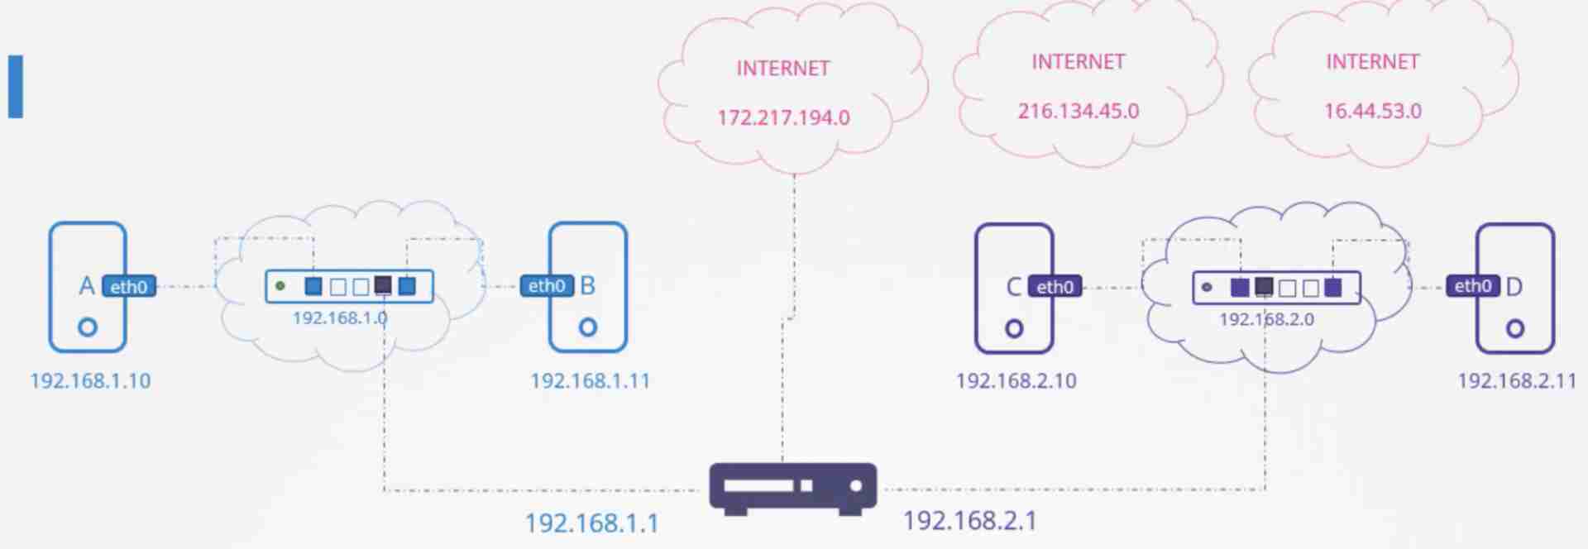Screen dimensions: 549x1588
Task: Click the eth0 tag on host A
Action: pyautogui.click(x=129, y=287)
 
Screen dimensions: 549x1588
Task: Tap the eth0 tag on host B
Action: pyautogui.click(x=547, y=286)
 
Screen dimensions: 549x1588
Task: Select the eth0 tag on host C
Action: pyautogui.click(x=1055, y=287)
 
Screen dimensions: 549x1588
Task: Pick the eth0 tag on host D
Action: pyautogui.click(x=1473, y=286)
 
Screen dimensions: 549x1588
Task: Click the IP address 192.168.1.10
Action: pyautogui.click(x=90, y=381)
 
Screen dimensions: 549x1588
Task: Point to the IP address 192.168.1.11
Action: pyautogui.click(x=590, y=381)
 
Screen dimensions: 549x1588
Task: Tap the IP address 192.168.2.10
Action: pyautogui.click(x=1016, y=381)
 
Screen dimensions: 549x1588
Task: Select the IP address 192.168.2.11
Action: pyautogui.click(x=1517, y=381)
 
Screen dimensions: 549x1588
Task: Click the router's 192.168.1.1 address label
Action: pyautogui.click(x=592, y=523)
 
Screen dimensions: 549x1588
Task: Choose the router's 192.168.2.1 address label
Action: pyautogui.click(x=969, y=521)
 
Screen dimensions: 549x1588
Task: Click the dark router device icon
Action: pyautogui.click(x=792, y=488)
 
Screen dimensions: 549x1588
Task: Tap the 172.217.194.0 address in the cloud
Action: pyautogui.click(x=783, y=118)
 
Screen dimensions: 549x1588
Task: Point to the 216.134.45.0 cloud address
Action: pyautogui.click(x=1078, y=112)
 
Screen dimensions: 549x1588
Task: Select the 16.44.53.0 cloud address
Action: pyautogui.click(x=1373, y=112)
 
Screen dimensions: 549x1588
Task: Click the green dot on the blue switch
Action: pyautogui.click(x=280, y=286)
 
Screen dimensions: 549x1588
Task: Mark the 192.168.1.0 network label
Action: pyautogui.click(x=340, y=318)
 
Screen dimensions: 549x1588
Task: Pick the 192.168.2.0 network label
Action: pyautogui.click(x=1266, y=319)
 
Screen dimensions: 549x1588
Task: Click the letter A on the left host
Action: pyautogui.click(x=86, y=286)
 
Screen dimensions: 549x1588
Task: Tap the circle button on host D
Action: pyautogui.click(x=1514, y=329)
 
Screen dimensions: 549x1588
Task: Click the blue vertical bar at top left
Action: pyautogui.click(x=16, y=87)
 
